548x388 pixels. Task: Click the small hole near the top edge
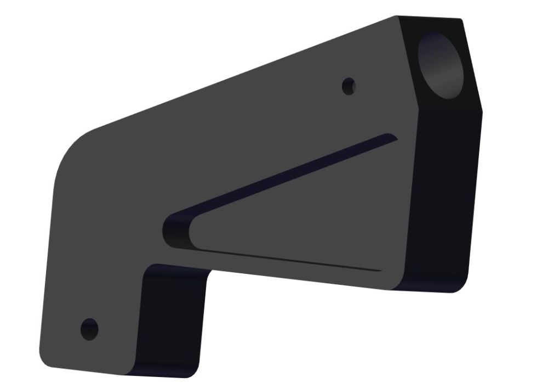coord(349,86)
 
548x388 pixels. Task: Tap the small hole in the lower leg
coord(89,329)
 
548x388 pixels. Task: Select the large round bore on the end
coord(441,65)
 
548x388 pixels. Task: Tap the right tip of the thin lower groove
coord(380,271)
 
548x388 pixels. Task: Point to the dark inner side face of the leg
coord(170,318)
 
